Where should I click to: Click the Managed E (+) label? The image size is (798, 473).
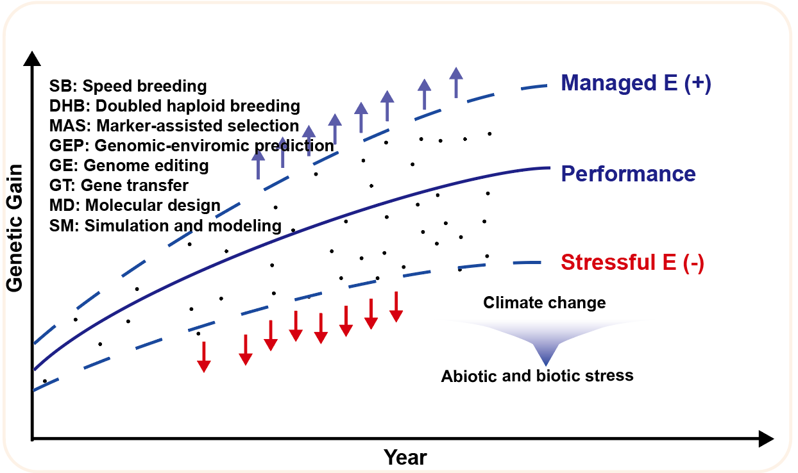pos(636,83)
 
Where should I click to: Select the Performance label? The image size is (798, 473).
pos(628,174)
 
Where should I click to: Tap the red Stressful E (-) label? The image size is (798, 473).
pos(632,263)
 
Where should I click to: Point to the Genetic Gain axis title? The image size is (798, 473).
pos(15,228)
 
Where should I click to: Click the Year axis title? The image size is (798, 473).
pos(405,457)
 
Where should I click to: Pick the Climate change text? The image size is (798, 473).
pos(545,303)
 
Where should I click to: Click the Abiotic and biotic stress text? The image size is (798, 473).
pos(537,376)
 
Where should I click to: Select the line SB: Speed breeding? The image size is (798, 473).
pos(128,86)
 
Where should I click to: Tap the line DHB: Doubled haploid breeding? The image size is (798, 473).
pos(174,106)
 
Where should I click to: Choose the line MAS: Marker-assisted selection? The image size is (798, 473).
pos(174,126)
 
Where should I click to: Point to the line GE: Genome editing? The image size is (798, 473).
pos(129,165)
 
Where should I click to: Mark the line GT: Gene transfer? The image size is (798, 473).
pos(119,185)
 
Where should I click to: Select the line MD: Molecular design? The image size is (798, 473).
pos(135,205)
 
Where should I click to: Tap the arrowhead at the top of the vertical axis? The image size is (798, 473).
pos(32,58)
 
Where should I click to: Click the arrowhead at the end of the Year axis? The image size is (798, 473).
pos(767,439)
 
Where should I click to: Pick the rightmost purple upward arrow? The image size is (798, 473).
pos(456,82)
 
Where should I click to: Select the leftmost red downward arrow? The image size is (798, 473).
pos(204,357)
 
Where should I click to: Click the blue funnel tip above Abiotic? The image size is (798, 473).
pos(546,364)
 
